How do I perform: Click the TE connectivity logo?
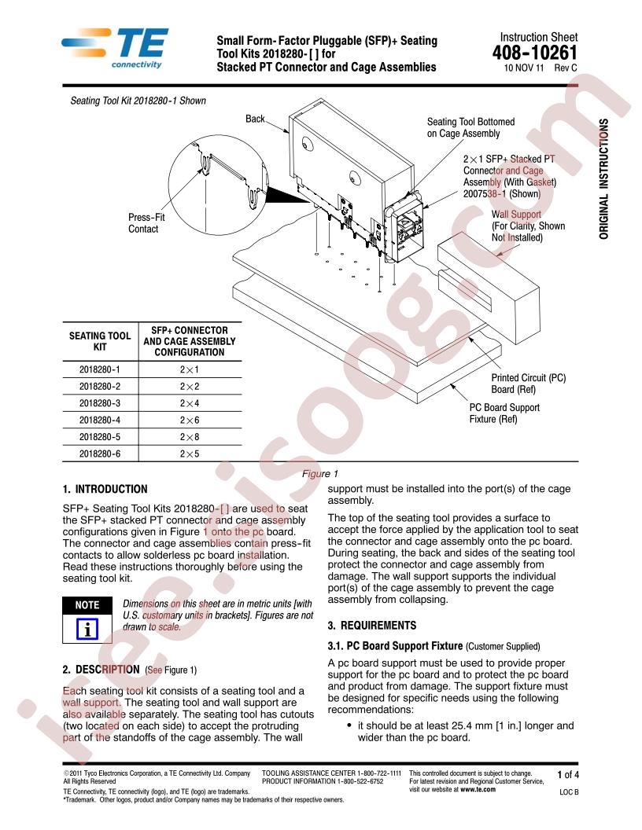[115, 48]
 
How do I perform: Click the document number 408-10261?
[534, 53]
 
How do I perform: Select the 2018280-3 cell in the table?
[100, 403]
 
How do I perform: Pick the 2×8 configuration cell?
[189, 437]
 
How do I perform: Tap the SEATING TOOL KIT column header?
[100, 341]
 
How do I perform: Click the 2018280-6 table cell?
[100, 454]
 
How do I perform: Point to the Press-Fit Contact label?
[146, 223]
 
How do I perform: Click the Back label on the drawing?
[255, 119]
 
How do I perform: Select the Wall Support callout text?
[528, 226]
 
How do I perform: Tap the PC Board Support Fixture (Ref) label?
[504, 413]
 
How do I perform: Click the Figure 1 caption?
[320, 474]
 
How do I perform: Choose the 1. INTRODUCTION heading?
[105, 489]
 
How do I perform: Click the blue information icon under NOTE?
[87, 629]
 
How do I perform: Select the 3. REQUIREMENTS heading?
[372, 626]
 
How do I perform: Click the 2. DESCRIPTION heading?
[101, 670]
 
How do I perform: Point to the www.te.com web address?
[478, 789]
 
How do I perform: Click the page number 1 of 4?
[568, 775]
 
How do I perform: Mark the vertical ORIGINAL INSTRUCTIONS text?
[604, 179]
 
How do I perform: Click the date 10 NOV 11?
[524, 68]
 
